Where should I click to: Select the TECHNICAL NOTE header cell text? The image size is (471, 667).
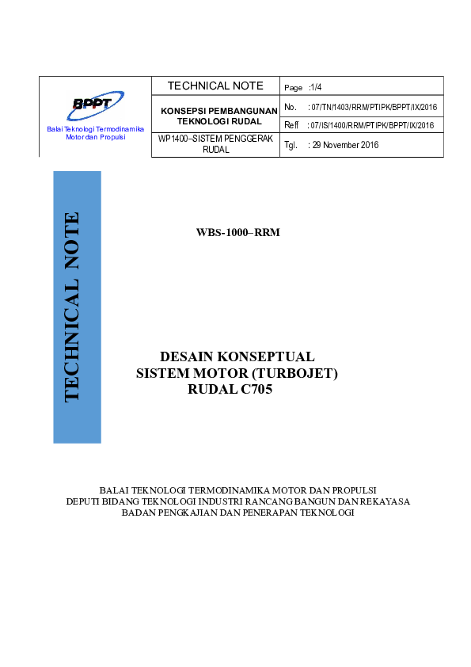point(215,86)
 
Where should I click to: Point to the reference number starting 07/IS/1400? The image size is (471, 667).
point(372,125)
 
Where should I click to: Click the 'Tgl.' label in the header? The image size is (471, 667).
point(290,145)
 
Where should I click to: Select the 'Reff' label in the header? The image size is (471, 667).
point(291,125)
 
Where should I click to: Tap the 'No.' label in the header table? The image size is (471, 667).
point(290,106)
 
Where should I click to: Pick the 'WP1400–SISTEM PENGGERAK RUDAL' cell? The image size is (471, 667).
point(215,143)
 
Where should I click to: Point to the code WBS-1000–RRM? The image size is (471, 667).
point(238,232)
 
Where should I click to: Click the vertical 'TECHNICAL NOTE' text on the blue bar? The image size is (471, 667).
point(72,306)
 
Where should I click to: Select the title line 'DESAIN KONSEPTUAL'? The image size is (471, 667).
point(237,356)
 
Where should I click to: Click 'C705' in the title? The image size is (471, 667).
point(256,389)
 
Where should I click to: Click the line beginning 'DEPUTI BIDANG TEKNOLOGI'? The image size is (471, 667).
point(237,501)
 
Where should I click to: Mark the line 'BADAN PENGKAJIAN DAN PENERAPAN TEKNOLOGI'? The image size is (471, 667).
point(237,512)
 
